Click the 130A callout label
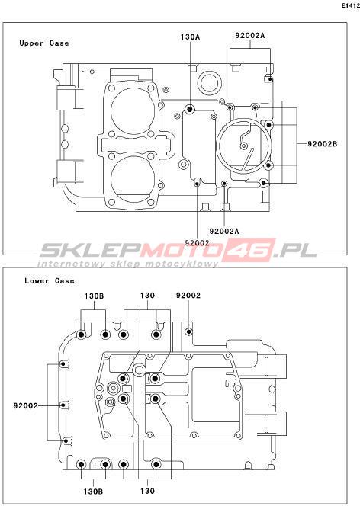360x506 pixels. click(x=190, y=37)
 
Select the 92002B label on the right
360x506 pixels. click(x=322, y=144)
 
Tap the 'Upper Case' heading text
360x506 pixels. click(x=44, y=43)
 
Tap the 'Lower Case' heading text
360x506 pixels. click(x=50, y=280)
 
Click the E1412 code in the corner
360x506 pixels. click(x=351, y=6)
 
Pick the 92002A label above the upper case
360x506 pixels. click(x=250, y=36)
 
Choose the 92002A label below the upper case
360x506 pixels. click(x=224, y=232)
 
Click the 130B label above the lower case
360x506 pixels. click(x=95, y=296)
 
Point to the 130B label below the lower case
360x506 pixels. click(x=93, y=492)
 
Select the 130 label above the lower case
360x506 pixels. click(x=147, y=296)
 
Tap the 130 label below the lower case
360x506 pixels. click(x=147, y=492)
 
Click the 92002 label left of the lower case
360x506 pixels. click(x=25, y=405)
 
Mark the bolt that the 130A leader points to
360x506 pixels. click(x=189, y=110)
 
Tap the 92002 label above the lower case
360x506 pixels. click(x=188, y=296)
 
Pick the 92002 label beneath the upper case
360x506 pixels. click(x=197, y=242)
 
